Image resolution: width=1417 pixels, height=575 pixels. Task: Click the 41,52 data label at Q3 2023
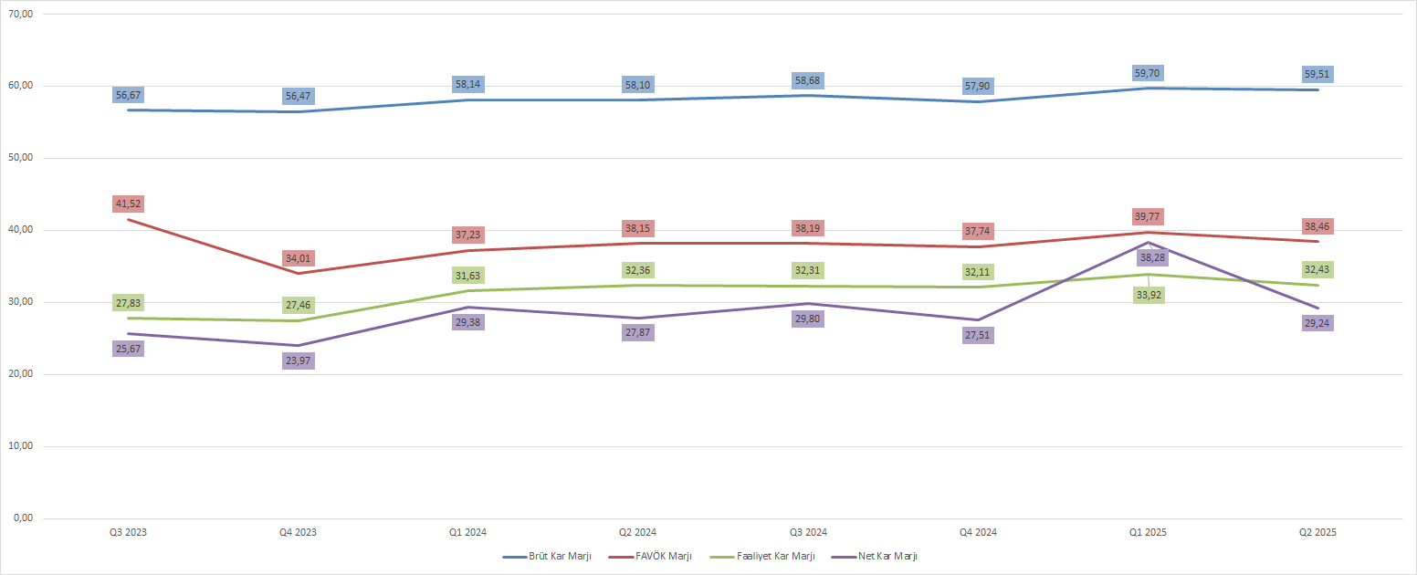click(x=129, y=204)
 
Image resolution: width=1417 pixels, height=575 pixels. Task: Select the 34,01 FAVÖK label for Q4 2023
click(x=299, y=258)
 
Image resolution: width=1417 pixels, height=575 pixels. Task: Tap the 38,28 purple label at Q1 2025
click(x=1148, y=257)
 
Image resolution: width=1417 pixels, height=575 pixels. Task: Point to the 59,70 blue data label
click(x=1148, y=73)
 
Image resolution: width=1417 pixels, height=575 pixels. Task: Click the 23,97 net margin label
click(x=299, y=361)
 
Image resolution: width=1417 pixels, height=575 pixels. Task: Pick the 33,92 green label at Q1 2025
click(x=1148, y=295)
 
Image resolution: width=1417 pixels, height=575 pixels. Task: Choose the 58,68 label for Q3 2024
click(x=808, y=81)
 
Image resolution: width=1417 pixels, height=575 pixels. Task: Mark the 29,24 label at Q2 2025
click(x=1317, y=323)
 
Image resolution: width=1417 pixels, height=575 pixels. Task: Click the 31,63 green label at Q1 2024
click(x=468, y=276)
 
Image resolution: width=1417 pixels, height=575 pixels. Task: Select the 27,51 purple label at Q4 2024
click(x=978, y=335)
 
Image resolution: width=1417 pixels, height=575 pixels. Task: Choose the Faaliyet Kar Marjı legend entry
click(x=770, y=556)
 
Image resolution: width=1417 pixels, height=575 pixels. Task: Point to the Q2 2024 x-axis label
click(x=638, y=532)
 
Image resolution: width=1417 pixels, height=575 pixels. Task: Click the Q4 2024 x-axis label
click(x=978, y=532)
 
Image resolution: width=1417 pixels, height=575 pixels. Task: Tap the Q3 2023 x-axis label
click(x=129, y=532)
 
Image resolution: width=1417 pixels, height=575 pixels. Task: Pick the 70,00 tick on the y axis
click(x=19, y=15)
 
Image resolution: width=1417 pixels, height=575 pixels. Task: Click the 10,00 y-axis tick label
click(x=19, y=446)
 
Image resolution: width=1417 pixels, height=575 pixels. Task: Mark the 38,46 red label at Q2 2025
click(x=1317, y=226)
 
